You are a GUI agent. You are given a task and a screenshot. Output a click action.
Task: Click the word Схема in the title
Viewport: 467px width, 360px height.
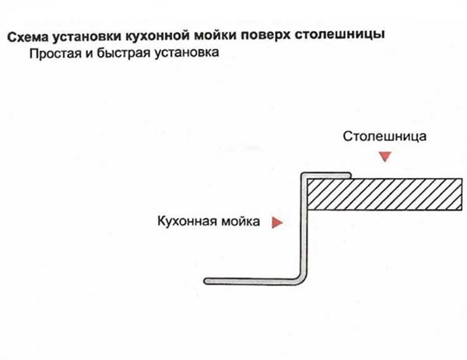(x=27, y=37)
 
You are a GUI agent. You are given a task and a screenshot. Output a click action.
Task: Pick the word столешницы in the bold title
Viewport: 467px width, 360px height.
(x=340, y=34)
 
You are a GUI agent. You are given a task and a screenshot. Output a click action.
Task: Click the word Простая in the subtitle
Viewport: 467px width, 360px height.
(x=55, y=54)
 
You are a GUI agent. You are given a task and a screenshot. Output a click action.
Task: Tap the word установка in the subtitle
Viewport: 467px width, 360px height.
(x=187, y=53)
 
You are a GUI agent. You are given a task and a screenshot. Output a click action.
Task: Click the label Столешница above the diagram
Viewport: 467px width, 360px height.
(x=384, y=136)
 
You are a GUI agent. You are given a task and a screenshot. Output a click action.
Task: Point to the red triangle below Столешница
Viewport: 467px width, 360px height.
(x=385, y=156)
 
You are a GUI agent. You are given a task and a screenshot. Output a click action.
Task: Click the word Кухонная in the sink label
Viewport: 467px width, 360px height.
(x=185, y=221)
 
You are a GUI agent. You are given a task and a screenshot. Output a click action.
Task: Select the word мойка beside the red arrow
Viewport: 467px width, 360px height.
(x=239, y=222)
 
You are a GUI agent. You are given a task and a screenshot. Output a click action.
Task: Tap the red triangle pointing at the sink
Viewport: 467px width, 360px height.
(x=277, y=222)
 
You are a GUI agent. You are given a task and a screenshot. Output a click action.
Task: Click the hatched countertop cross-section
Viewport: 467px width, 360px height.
(x=384, y=194)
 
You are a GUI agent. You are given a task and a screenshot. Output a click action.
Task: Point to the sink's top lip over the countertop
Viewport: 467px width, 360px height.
(x=327, y=175)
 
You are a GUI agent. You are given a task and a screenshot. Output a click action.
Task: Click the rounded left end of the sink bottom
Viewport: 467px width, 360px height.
(x=206, y=281)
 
